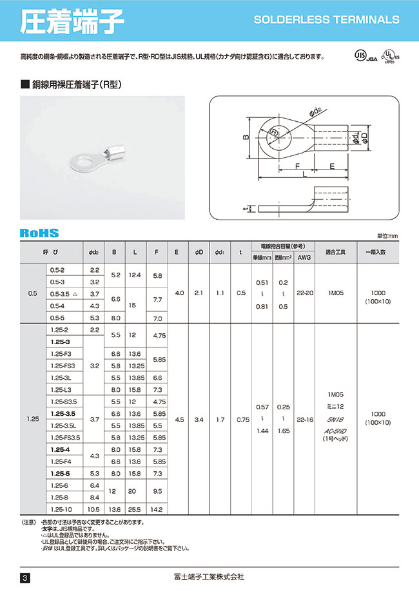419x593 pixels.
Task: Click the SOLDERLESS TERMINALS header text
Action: (327, 20)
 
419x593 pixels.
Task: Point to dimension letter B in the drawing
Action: (245, 138)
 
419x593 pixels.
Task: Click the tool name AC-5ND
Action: (335, 432)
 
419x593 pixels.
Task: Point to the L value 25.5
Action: (134, 509)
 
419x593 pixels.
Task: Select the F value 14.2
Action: (158, 509)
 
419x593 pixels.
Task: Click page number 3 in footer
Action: (25, 577)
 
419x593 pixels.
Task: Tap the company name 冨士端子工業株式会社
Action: (210, 576)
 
